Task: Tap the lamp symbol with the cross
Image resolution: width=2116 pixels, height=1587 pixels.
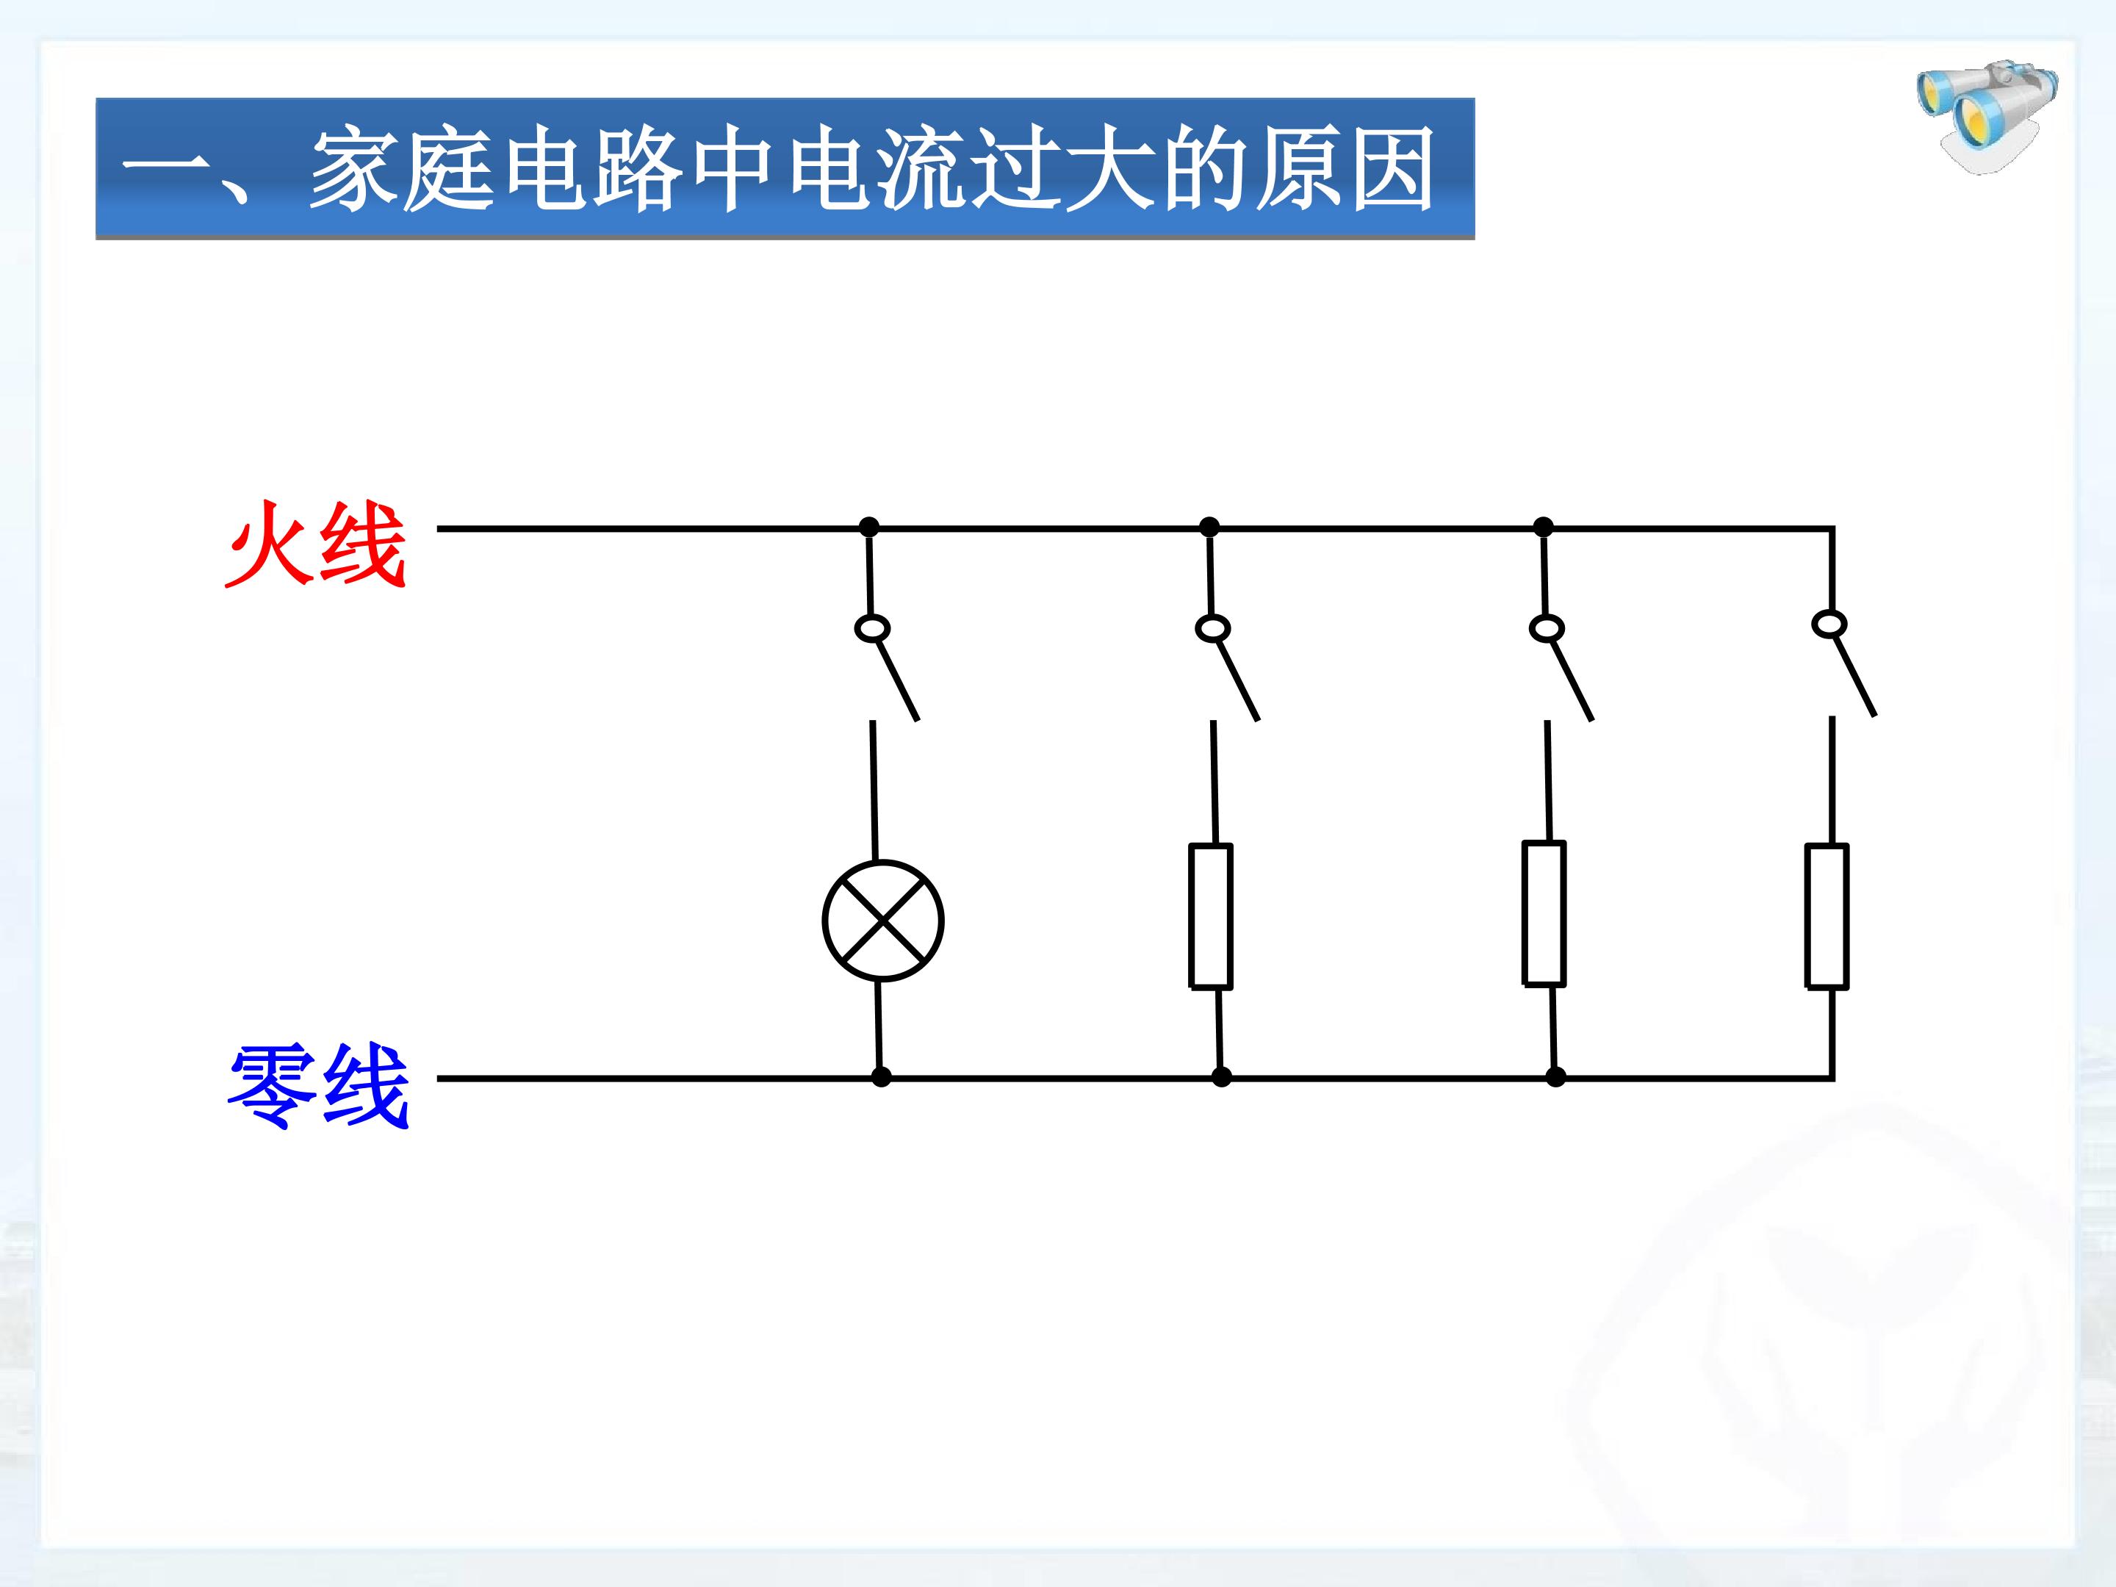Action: (x=883, y=921)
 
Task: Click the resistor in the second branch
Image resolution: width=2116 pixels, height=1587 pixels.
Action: (x=1210, y=915)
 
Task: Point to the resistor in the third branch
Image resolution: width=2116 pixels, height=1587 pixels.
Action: (x=1543, y=913)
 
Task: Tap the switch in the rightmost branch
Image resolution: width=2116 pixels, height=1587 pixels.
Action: (x=1844, y=664)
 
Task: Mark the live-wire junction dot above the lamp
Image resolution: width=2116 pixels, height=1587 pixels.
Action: (x=868, y=527)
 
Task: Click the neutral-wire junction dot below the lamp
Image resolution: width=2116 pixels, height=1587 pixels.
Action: (x=881, y=1077)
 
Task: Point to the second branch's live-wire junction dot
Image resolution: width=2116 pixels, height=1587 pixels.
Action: (x=1209, y=527)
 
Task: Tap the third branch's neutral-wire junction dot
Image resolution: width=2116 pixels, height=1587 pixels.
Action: (x=1555, y=1077)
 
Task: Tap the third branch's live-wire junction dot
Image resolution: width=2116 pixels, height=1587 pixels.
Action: (x=1543, y=527)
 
